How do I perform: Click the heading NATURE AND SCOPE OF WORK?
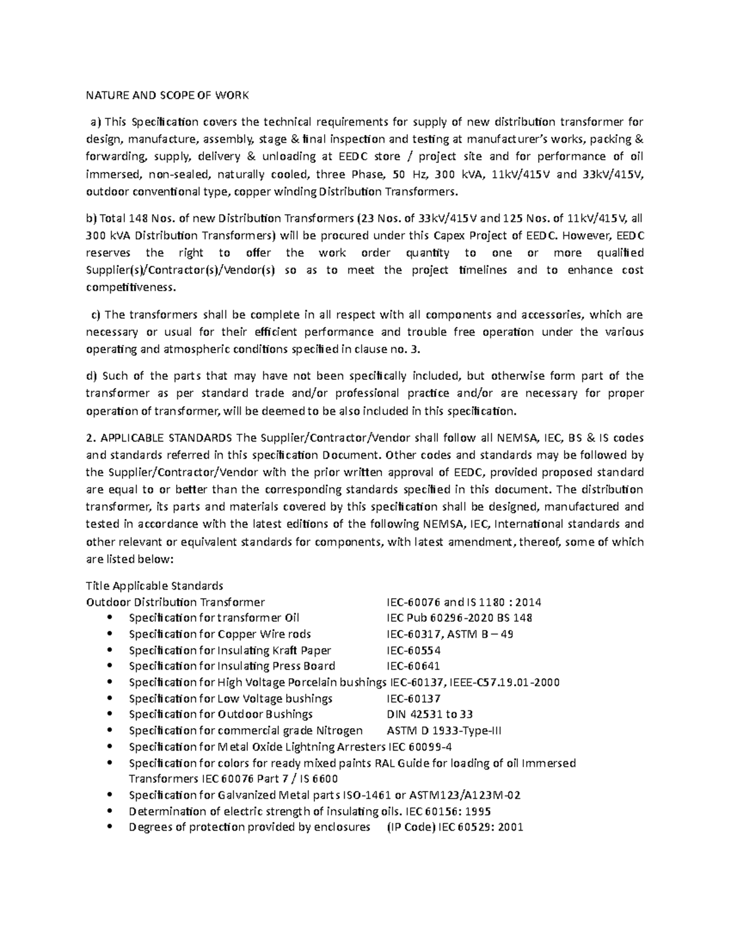pyautogui.click(x=168, y=95)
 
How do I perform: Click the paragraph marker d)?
pyautogui.click(x=91, y=376)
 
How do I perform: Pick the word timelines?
pyautogui.click(x=483, y=270)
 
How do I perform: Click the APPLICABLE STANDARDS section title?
pyautogui.click(x=166, y=438)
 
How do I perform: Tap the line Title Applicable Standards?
pyautogui.click(x=155, y=586)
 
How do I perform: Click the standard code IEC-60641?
pyautogui.click(x=413, y=666)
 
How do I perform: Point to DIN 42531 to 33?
pyautogui.click(x=429, y=714)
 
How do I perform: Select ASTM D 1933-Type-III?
pyautogui.click(x=444, y=731)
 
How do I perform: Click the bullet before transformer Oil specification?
pyautogui.click(x=110, y=618)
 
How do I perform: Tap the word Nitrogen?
pyautogui.click(x=339, y=731)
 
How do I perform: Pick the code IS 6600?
pyautogui.click(x=315, y=779)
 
